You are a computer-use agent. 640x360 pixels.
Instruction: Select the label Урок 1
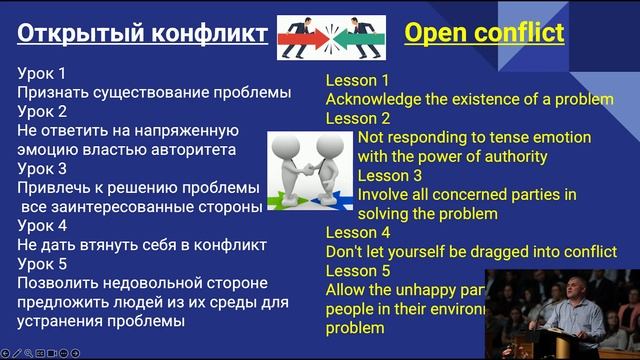tap(42, 73)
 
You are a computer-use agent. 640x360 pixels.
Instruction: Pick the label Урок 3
tap(42, 169)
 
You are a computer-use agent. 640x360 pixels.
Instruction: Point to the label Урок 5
tap(42, 264)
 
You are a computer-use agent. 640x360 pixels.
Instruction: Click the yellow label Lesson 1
tap(358, 80)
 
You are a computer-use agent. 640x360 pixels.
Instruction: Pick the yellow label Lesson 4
tap(358, 232)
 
